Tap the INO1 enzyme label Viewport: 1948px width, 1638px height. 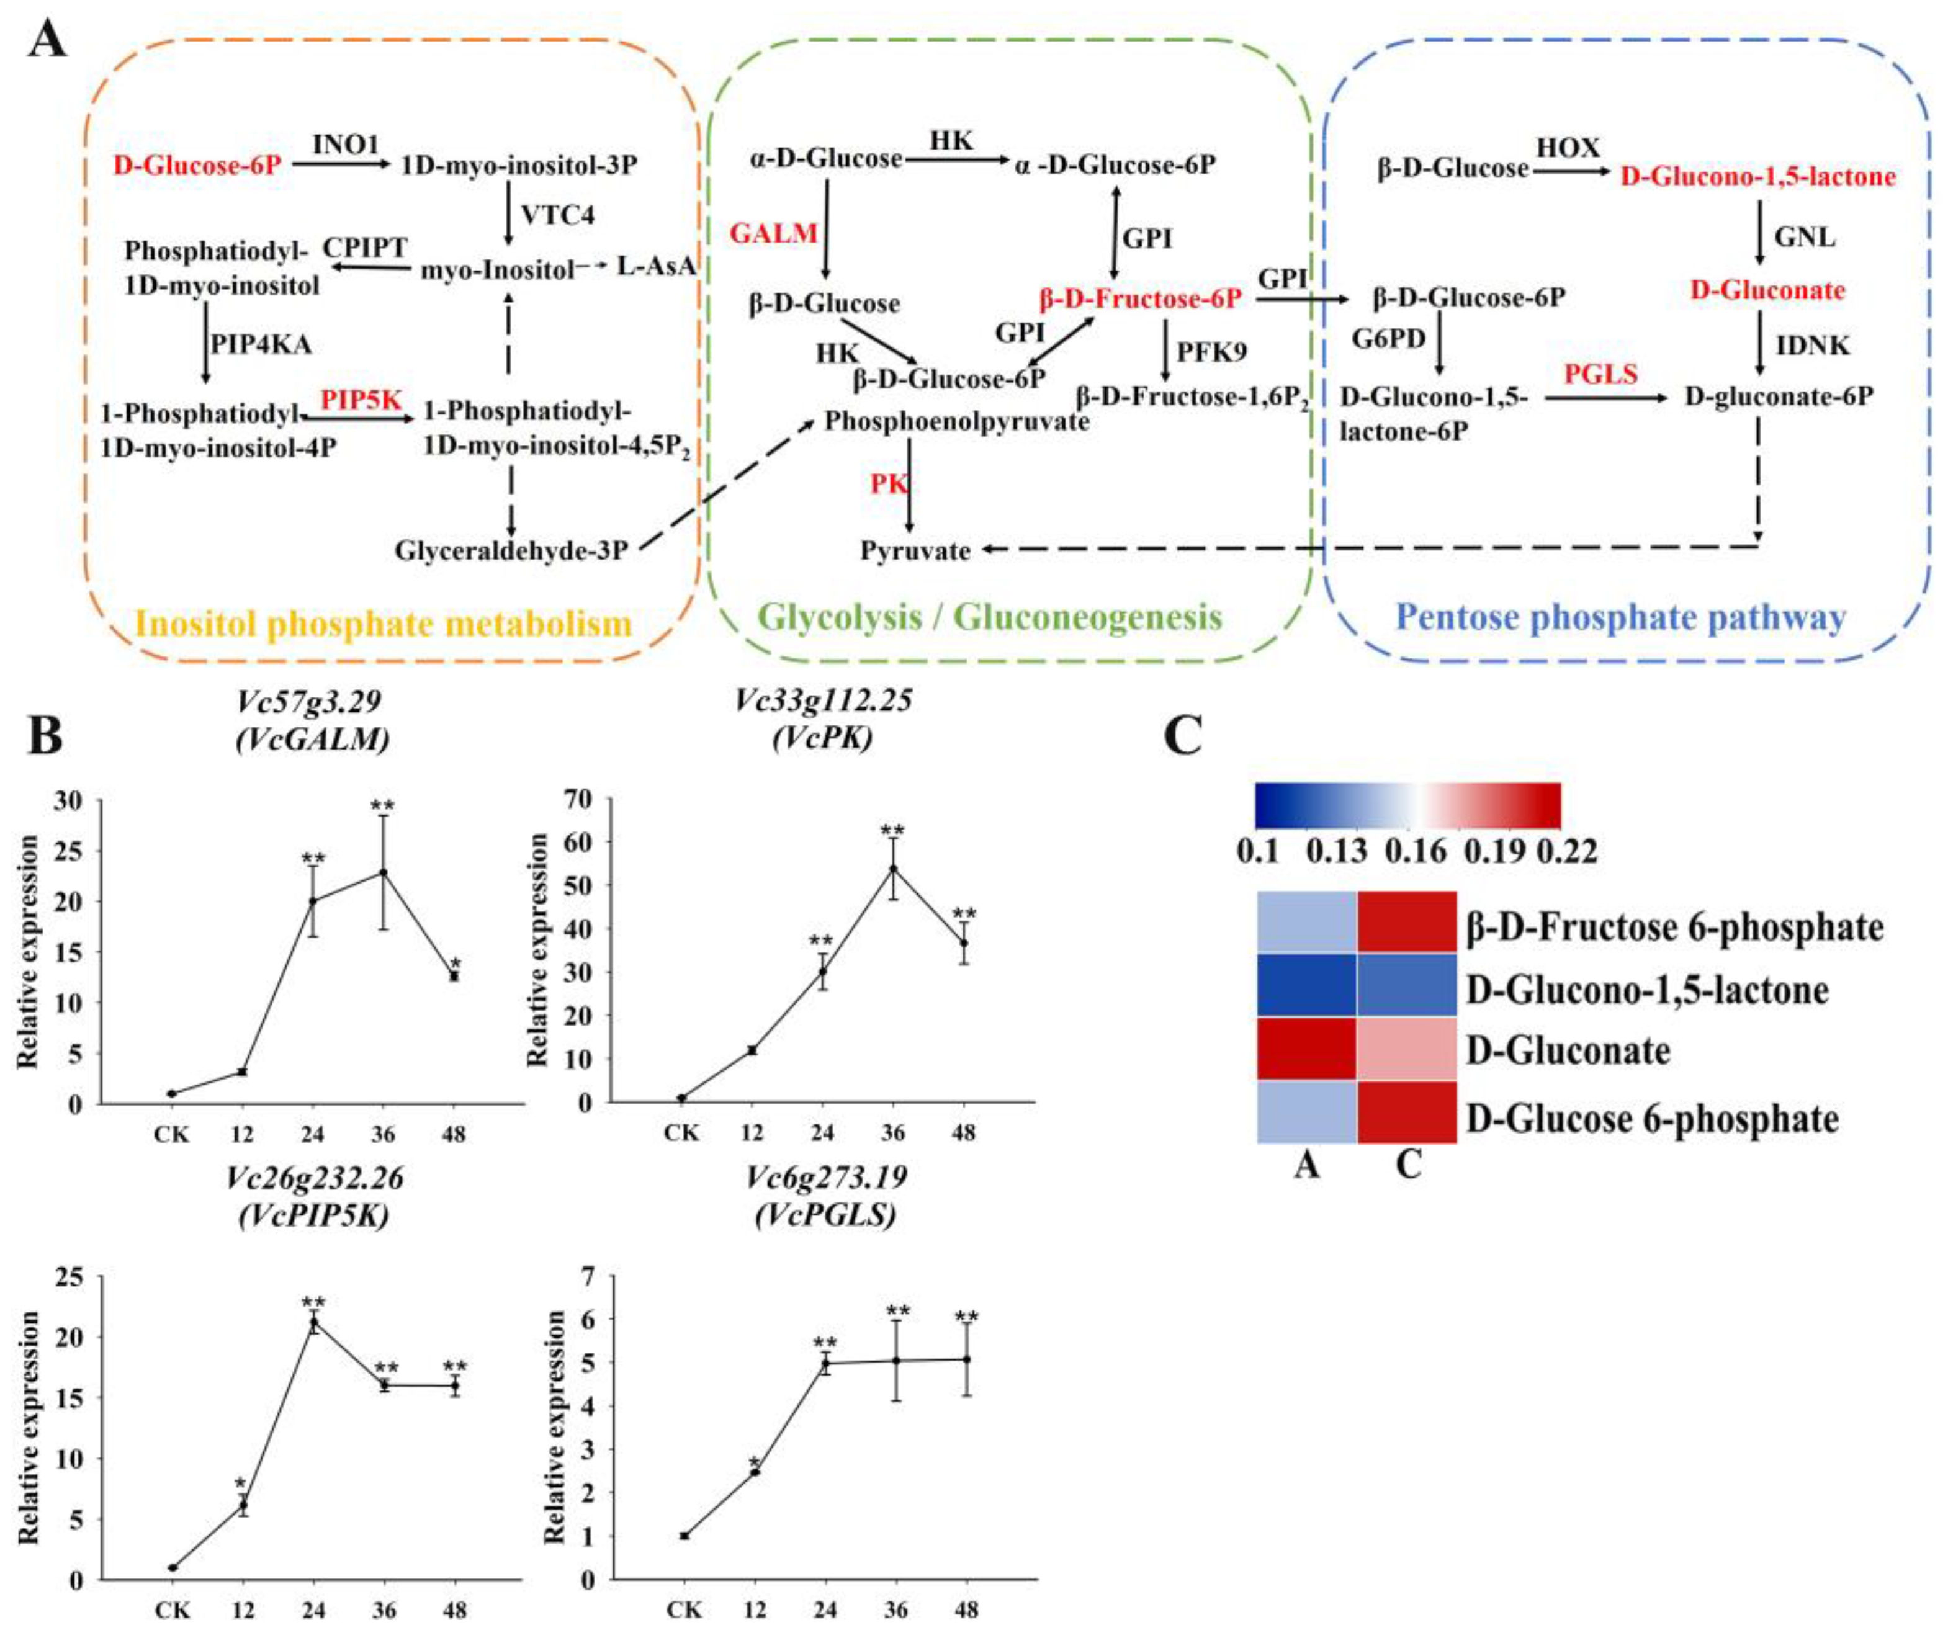click(346, 146)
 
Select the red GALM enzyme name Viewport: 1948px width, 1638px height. click(773, 233)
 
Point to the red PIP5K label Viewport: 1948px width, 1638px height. click(361, 400)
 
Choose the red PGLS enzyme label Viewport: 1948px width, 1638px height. click(1600, 374)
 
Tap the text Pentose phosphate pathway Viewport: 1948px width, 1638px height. click(1620, 617)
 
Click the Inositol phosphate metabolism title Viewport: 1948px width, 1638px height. click(384, 623)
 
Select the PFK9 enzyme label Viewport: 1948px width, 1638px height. click(1212, 352)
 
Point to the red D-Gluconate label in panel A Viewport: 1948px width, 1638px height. click(1767, 290)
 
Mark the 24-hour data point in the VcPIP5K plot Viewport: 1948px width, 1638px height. click(314, 1322)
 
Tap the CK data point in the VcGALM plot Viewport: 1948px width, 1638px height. click(172, 1094)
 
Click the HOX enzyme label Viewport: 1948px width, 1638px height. click(1568, 148)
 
